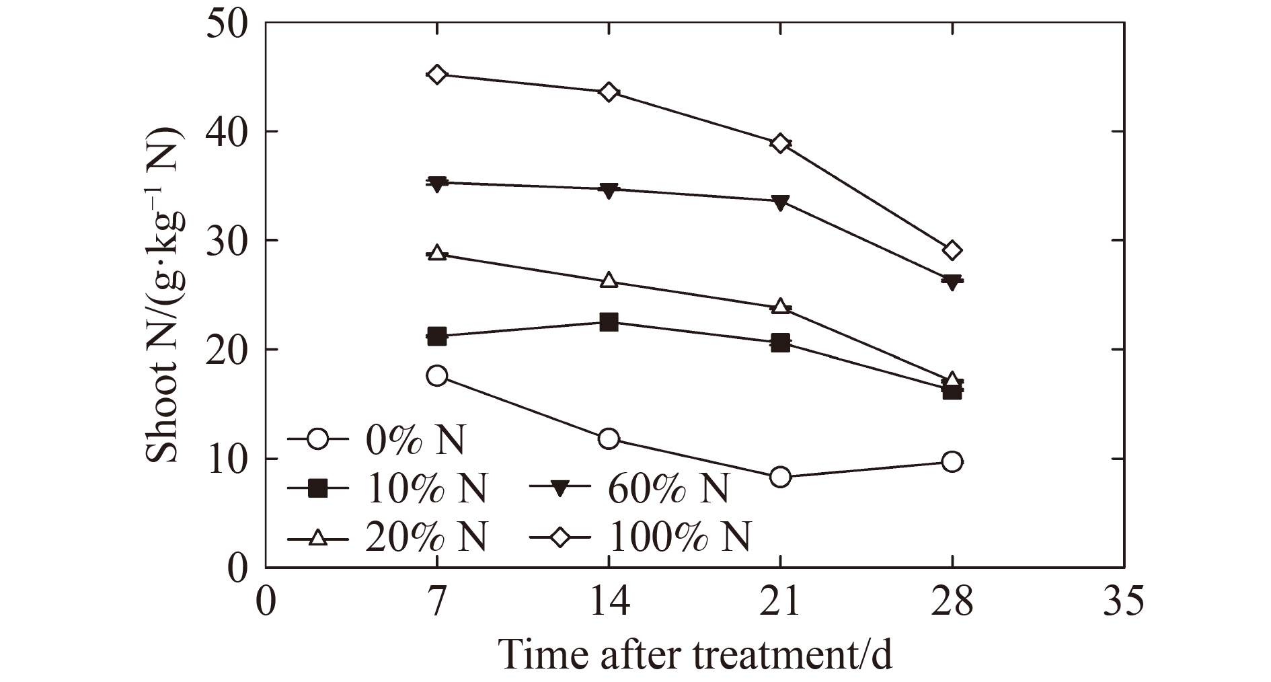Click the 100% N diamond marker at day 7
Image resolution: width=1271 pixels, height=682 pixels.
coord(437,74)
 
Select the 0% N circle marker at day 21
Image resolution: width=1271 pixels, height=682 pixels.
coord(780,477)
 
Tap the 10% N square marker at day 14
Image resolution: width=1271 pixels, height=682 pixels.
coord(609,322)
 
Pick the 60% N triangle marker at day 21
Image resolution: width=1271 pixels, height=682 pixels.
coord(780,202)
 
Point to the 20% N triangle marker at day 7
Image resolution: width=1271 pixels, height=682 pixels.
coord(437,254)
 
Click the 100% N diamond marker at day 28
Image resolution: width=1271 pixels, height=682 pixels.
coord(952,251)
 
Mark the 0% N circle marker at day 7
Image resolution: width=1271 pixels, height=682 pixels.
coord(437,376)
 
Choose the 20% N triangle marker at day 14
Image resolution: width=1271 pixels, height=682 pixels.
coord(609,280)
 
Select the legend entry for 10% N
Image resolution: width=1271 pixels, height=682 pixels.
coord(387,489)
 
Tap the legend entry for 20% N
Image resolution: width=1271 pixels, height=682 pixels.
coord(387,537)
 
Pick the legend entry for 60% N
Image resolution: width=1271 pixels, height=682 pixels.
coord(629,489)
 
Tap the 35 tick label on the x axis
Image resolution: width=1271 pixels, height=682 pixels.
coord(1123,601)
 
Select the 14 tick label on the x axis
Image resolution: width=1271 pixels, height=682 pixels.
coord(609,601)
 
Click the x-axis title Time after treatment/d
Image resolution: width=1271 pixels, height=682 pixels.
coord(695,654)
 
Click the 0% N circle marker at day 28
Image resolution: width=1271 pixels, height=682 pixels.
coord(952,461)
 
